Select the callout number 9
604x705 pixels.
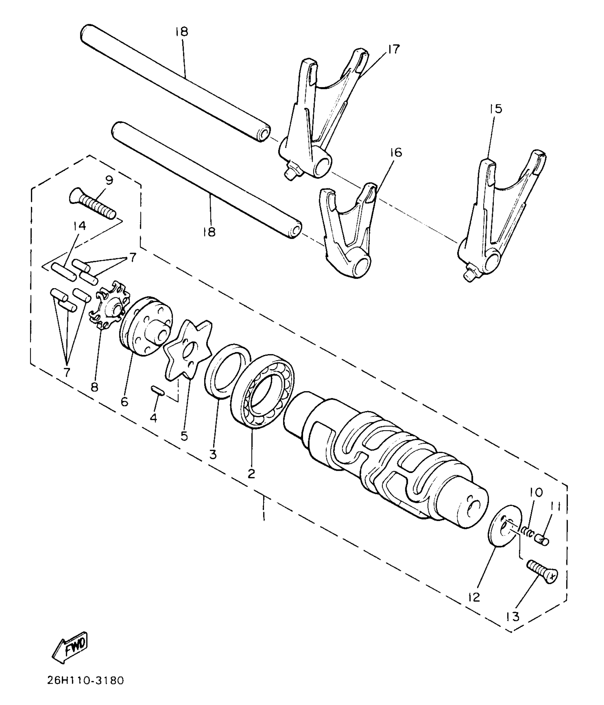tap(109, 180)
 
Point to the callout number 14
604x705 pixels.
tap(80, 226)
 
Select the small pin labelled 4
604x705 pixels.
tap(157, 390)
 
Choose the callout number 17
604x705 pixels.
tap(394, 49)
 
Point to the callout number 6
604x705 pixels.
tap(124, 402)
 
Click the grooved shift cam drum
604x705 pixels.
tap(387, 458)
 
